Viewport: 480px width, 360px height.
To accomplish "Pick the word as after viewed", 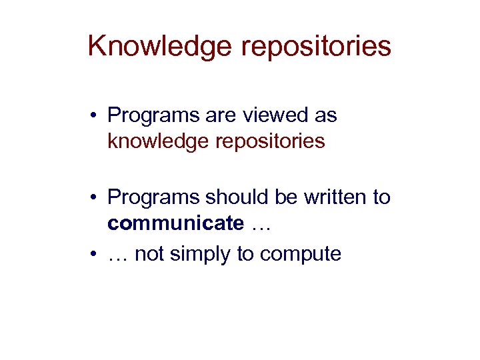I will (x=325, y=116).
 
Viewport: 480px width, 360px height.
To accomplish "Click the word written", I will (x=337, y=197).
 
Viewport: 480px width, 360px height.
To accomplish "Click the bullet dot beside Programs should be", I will (x=94, y=198).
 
